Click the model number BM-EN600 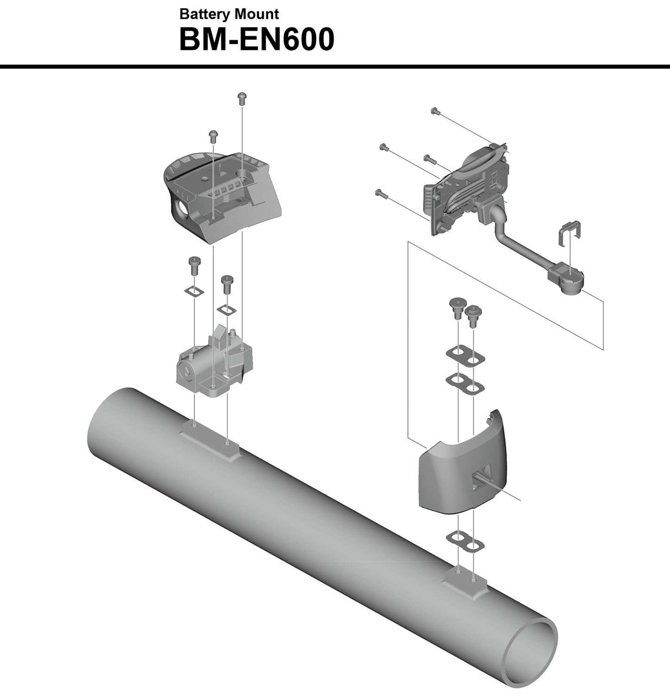tap(257, 40)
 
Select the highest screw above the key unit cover tap(241, 97)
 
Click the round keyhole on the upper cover tap(180, 210)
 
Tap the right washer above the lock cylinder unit tap(226, 308)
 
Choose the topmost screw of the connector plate tap(435, 111)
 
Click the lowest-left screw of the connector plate tap(379, 193)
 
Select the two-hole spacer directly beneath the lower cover tap(465, 541)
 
